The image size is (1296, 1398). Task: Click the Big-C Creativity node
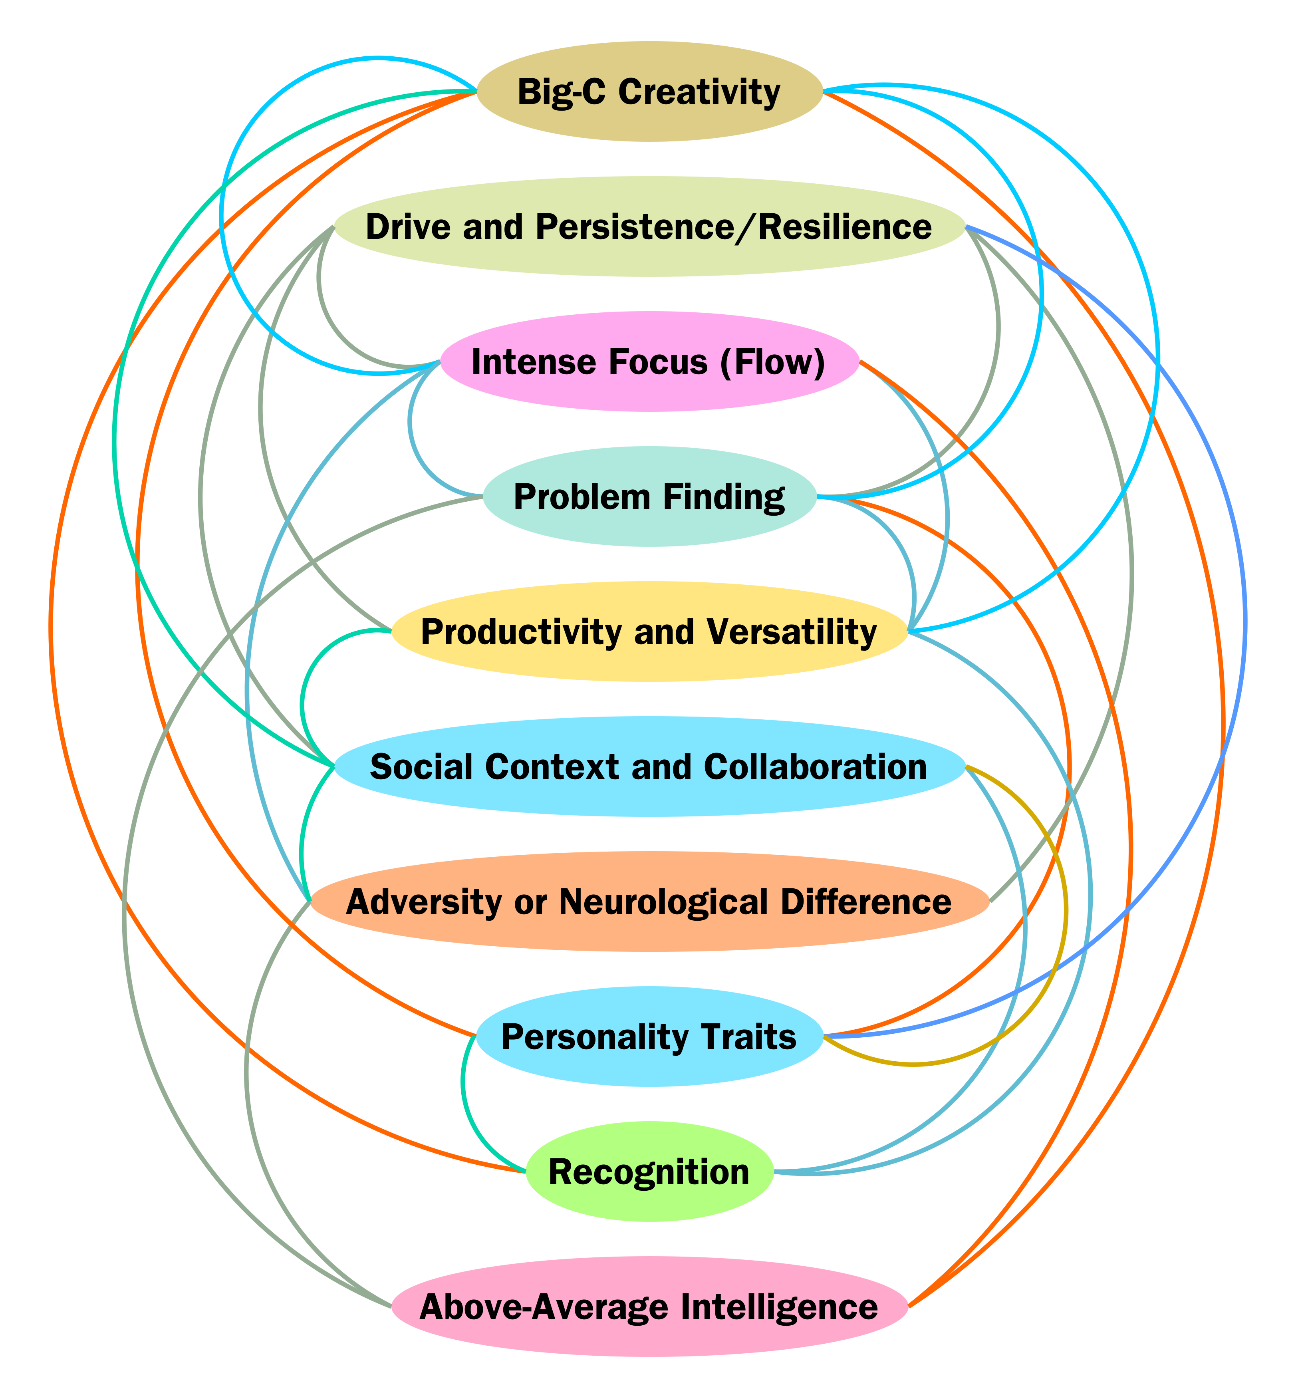(649, 92)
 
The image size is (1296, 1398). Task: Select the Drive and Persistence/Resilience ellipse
(649, 226)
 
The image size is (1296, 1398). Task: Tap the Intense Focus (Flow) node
(649, 362)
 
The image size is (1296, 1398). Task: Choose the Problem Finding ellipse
(649, 496)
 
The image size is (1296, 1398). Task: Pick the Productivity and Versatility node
(649, 632)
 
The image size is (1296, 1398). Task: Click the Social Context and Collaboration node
(649, 767)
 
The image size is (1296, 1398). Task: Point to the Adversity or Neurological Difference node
(649, 902)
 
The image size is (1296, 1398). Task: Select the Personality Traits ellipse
(649, 1037)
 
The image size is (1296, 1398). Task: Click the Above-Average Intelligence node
(649, 1307)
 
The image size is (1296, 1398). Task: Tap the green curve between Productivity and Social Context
(302, 701)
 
